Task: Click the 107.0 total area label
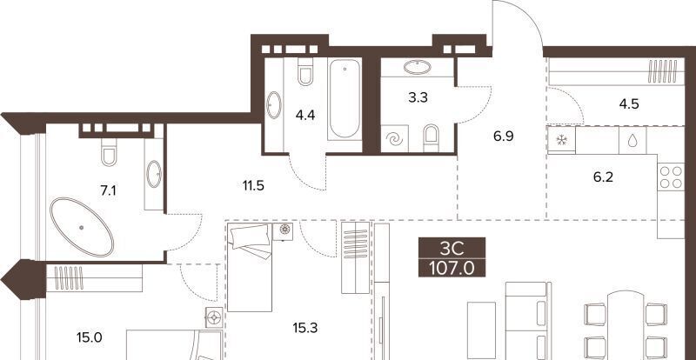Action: coord(452,268)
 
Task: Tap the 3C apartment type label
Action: coord(452,249)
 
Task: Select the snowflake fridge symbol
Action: coord(561,140)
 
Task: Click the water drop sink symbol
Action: coord(632,140)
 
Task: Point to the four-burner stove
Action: coord(671,177)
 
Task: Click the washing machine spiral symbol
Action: coord(394,139)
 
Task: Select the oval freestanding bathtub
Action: coord(82,227)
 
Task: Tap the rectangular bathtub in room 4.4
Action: coord(345,98)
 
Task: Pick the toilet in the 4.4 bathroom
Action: coord(305,72)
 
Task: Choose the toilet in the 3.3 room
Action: coord(431,138)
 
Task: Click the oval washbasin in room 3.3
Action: coord(418,68)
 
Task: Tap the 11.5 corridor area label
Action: coord(253,185)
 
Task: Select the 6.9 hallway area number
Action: coord(503,137)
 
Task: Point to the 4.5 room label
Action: coord(628,104)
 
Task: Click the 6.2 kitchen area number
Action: coord(603,177)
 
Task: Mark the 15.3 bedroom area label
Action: coord(305,328)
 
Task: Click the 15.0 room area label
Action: coord(90,338)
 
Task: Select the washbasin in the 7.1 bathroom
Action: coord(154,174)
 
